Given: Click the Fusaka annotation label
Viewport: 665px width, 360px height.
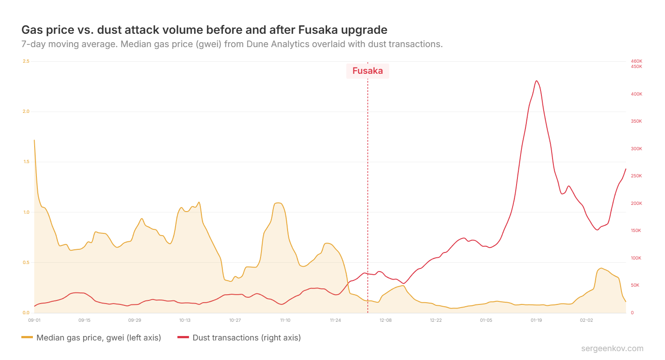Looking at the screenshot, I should (368, 71).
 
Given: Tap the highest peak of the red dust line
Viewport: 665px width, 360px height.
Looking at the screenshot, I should (537, 81).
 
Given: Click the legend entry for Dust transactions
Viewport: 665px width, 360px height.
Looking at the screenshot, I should (246, 338).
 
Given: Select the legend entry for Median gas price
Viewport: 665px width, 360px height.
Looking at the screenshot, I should (98, 338).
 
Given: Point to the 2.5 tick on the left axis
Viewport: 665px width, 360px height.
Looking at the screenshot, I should (26, 61).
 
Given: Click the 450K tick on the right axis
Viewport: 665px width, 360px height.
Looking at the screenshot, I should (637, 67).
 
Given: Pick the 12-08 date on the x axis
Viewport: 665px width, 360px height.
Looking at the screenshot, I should (385, 320).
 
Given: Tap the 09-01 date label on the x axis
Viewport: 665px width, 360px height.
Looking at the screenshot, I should (34, 320).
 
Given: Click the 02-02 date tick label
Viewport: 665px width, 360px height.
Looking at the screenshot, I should (586, 320).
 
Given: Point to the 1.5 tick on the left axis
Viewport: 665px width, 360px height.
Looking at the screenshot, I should (26, 162).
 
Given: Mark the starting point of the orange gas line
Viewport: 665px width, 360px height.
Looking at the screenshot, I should (34, 140).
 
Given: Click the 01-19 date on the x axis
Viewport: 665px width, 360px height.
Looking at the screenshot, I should (536, 320).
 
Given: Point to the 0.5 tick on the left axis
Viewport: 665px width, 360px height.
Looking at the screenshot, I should (26, 262).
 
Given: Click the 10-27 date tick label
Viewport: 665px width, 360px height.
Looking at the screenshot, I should (235, 320).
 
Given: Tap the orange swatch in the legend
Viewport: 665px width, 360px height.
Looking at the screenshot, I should (27, 338).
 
